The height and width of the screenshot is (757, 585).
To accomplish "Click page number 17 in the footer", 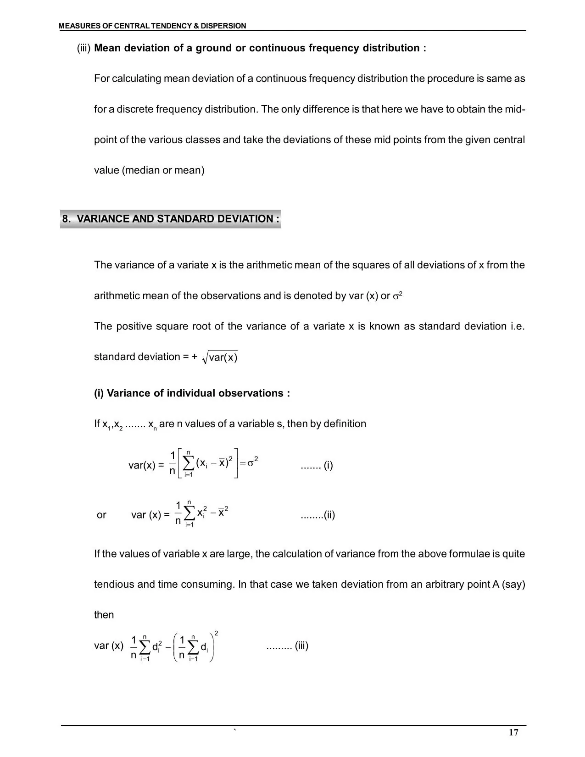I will (513, 732).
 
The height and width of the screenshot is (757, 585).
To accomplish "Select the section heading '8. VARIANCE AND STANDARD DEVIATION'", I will (171, 219).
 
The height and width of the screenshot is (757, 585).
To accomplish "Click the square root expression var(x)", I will (220, 357).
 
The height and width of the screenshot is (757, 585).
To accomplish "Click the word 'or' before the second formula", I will (101, 515).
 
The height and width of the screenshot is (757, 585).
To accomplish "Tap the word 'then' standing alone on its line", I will (104, 615).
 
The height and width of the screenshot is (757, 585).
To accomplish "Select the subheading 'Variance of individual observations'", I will (192, 393).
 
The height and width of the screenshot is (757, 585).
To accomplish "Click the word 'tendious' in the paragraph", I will (113, 584).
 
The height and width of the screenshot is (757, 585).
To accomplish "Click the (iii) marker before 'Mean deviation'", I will (84, 48).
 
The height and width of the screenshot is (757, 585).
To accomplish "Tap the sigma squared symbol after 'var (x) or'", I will (397, 296).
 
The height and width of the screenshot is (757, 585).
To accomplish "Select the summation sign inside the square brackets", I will (188, 464).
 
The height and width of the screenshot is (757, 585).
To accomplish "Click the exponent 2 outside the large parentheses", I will (216, 634).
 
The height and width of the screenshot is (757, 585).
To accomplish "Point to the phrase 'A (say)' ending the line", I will (508, 584).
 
